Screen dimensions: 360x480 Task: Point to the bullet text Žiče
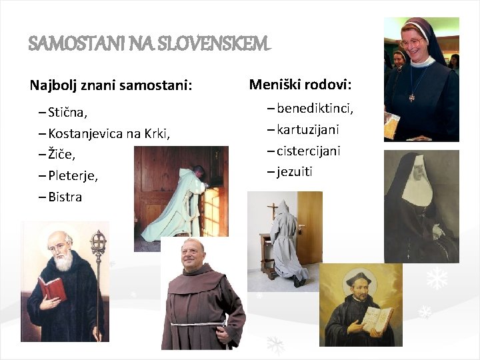point(62,155)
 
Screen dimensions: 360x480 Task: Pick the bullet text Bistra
point(65,197)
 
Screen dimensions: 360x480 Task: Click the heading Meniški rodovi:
point(301,85)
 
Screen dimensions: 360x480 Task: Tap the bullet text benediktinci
point(315,108)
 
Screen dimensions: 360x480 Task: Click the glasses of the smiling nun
point(413,42)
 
